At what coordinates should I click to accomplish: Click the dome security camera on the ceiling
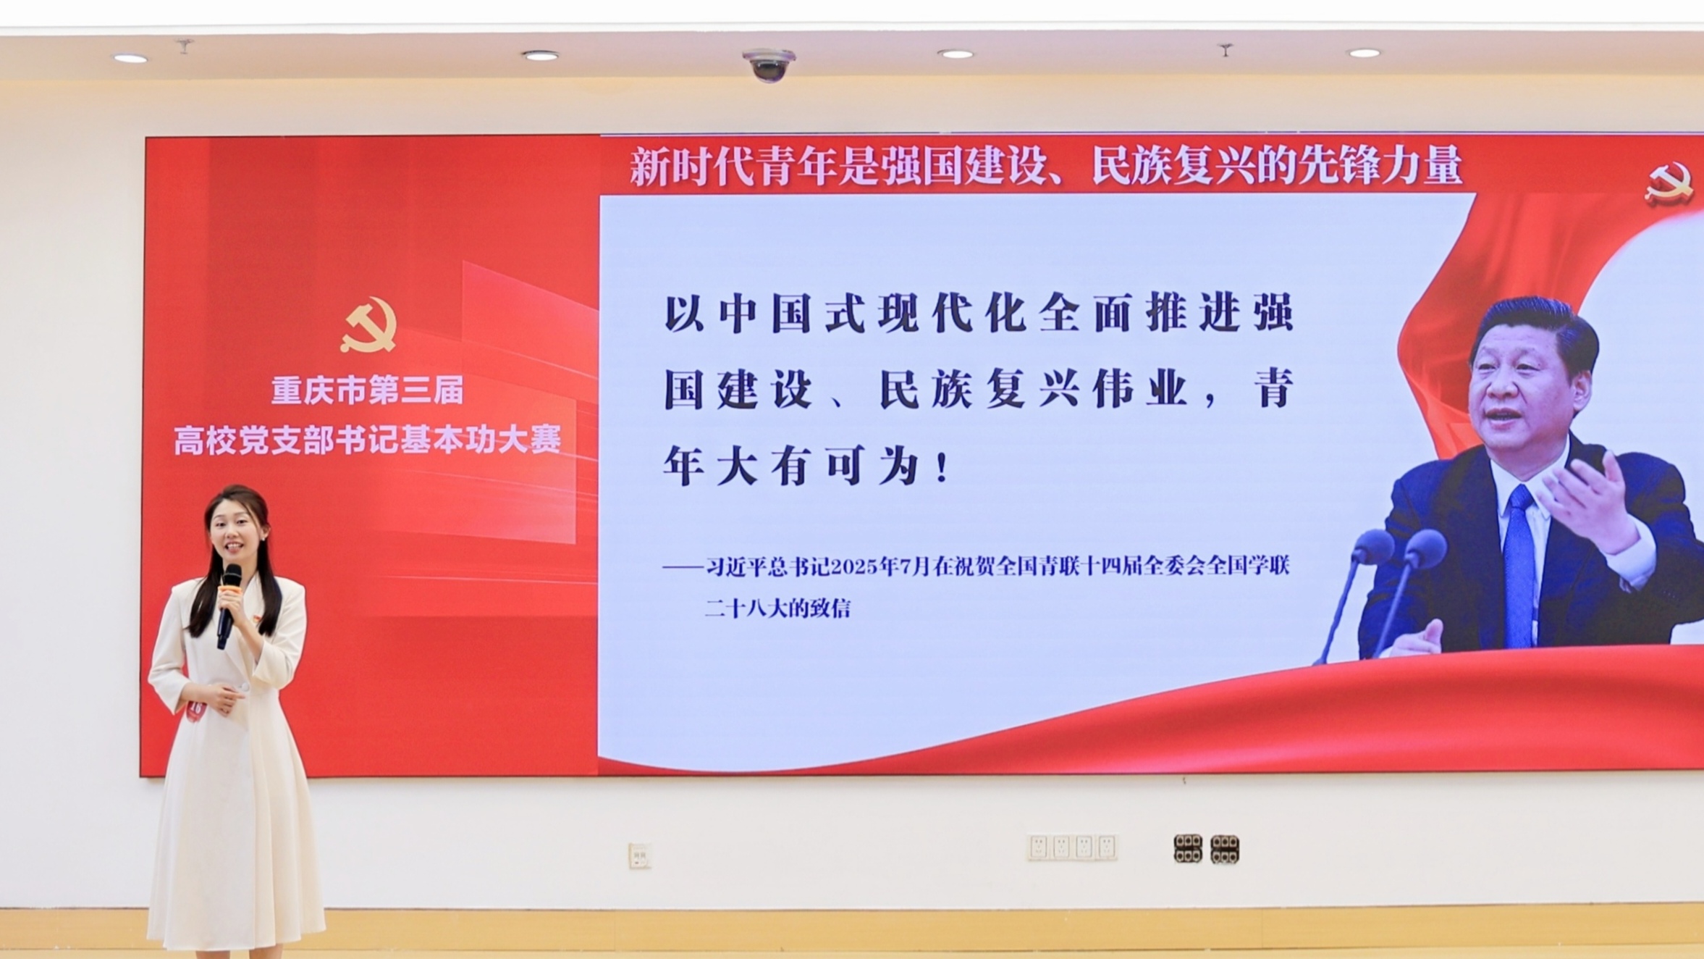769,64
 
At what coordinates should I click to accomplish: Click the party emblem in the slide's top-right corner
1669,185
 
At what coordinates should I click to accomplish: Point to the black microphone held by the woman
229,606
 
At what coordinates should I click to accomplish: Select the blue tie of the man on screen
1520,565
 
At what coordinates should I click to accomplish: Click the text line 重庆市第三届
367,390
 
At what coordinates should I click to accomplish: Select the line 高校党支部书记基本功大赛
367,440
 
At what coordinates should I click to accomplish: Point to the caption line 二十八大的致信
777,608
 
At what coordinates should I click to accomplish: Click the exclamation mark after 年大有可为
942,467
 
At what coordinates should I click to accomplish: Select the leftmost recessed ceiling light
131,58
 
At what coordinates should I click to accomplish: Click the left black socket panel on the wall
1187,848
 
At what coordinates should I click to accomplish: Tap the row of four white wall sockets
1072,847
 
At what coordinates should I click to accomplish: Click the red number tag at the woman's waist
194,709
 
